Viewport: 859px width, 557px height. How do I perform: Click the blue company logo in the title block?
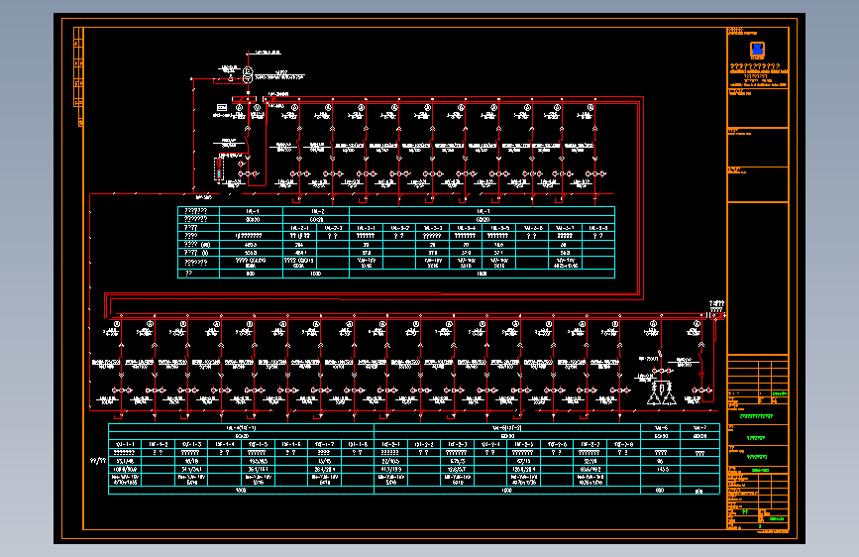click(x=757, y=51)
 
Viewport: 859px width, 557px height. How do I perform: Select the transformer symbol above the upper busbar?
click(x=248, y=72)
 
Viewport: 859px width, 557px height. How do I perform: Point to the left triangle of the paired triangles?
click(x=653, y=396)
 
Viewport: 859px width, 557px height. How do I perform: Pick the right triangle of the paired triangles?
click(x=670, y=396)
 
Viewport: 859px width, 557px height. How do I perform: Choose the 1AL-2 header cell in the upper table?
click(x=317, y=210)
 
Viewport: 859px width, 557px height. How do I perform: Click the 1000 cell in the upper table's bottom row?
click(x=317, y=273)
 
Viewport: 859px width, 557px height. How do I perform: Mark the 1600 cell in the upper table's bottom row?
click(x=483, y=273)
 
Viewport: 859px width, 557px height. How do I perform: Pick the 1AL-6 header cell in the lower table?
click(x=661, y=427)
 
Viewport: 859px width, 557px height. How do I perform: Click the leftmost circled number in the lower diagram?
click(x=117, y=324)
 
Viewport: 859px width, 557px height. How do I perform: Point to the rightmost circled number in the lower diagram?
click(x=701, y=324)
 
